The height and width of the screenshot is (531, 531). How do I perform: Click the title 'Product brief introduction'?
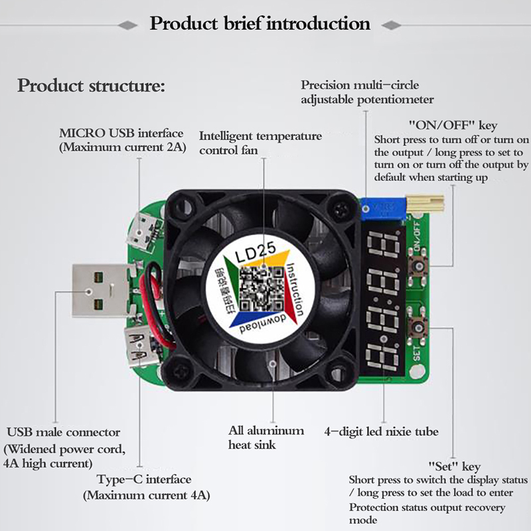tap(260, 25)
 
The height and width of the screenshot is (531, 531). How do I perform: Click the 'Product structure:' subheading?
tap(91, 86)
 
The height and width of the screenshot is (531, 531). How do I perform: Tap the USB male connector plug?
tap(100, 291)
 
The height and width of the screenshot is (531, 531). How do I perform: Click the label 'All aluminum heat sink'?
tap(266, 437)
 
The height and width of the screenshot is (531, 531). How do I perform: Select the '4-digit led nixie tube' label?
tap(381, 431)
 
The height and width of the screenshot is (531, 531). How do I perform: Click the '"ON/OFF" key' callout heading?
tap(453, 125)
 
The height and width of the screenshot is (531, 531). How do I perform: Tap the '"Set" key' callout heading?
tap(455, 467)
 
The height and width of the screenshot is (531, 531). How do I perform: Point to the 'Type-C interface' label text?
tap(143, 479)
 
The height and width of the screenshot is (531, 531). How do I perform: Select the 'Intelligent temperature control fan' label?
tap(260, 143)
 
